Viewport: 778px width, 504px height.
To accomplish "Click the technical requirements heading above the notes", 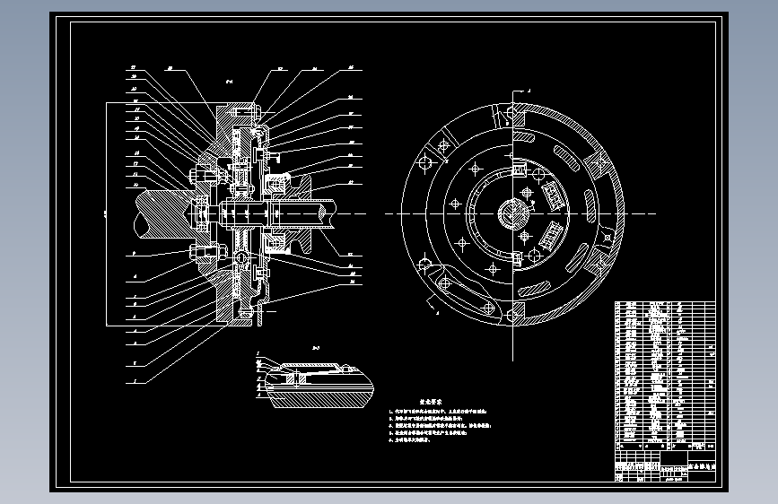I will pyautogui.click(x=433, y=404).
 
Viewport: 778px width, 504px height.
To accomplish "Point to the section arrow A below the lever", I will pyautogui.click(x=434, y=304).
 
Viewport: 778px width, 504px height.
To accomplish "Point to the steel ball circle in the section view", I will pyautogui.click(x=242, y=257).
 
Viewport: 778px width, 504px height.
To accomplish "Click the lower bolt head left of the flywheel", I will pyautogui.click(x=194, y=250).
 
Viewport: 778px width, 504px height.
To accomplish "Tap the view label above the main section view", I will pyautogui.click(x=230, y=82).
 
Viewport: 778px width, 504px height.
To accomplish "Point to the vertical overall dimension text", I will pyautogui.click(x=105, y=214).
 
